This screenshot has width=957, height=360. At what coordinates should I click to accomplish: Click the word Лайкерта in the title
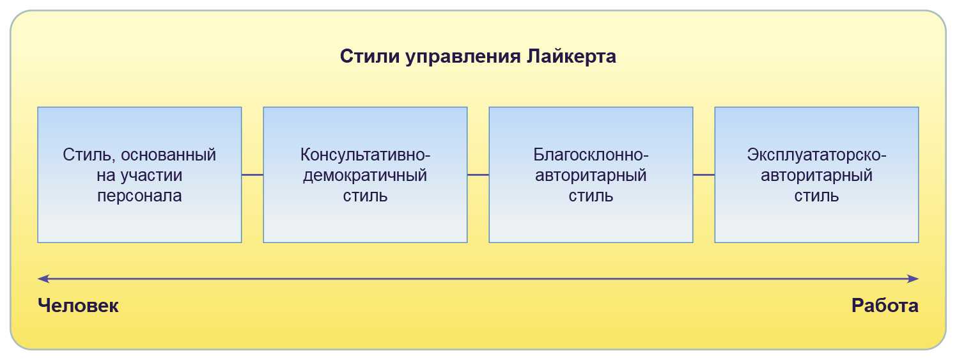[572, 56]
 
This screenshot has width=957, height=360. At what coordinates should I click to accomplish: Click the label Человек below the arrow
[78, 306]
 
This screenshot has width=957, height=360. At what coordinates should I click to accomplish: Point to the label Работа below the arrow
[885, 306]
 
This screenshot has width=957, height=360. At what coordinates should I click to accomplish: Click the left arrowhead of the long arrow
[42, 279]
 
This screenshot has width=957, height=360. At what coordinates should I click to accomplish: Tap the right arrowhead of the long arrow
[914, 279]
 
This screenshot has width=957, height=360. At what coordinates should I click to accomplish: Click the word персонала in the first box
[139, 196]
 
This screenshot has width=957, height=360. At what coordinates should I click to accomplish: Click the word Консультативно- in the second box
[365, 155]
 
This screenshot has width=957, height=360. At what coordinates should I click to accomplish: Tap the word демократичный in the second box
[365, 175]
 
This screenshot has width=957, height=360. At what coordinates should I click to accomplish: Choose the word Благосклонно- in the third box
[591, 155]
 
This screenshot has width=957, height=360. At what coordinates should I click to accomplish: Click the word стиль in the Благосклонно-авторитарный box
[591, 196]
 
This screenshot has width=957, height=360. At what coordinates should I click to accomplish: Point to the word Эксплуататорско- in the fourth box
[816, 155]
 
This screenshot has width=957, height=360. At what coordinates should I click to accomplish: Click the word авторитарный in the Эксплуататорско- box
[816, 175]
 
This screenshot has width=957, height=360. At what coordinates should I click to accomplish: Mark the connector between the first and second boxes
[253, 175]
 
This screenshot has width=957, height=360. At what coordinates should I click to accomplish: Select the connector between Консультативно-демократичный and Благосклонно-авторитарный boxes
[478, 175]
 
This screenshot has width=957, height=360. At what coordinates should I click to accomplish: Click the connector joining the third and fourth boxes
[704, 175]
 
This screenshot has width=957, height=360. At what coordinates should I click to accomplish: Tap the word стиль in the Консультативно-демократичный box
[365, 196]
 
